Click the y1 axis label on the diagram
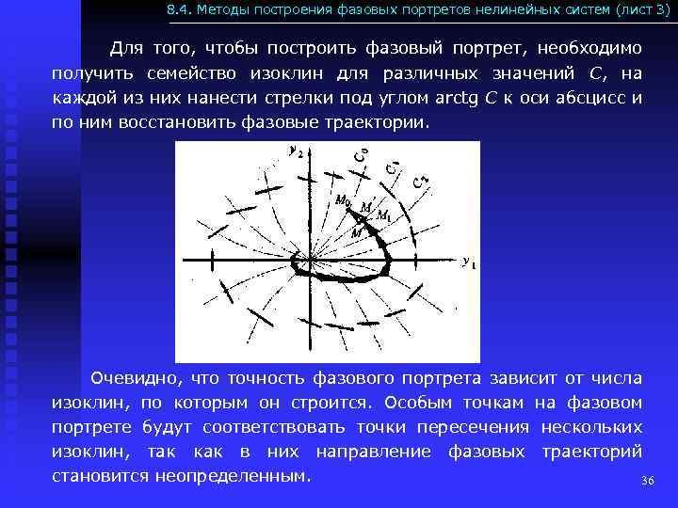[467, 264]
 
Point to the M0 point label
[342, 198]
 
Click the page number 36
[647, 481]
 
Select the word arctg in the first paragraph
[447, 99]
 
